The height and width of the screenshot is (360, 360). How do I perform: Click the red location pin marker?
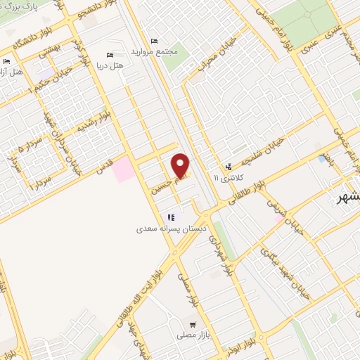click(181, 164)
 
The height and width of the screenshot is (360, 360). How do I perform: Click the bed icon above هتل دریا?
click(110, 55)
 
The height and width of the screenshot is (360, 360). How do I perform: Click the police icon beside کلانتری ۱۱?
click(229, 167)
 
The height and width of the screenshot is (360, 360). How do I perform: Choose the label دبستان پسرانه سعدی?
click(167, 229)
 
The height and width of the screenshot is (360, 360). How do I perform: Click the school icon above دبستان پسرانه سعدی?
click(169, 217)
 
